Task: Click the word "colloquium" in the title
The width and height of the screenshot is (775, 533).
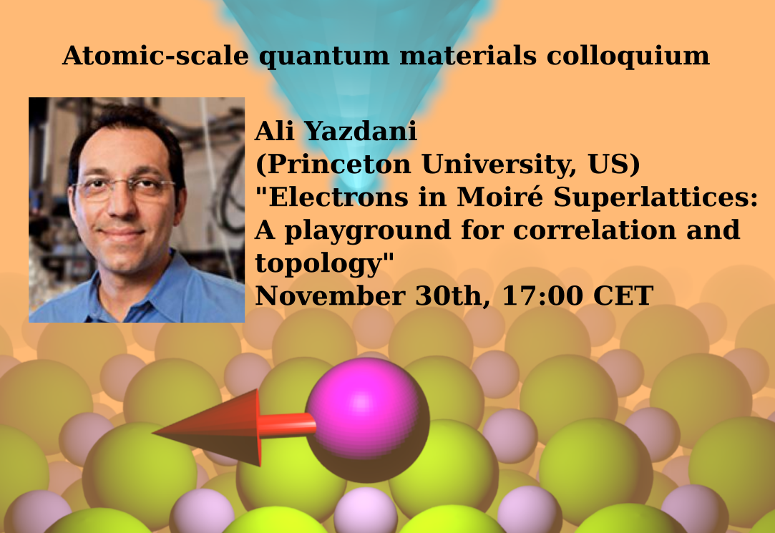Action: (x=628, y=56)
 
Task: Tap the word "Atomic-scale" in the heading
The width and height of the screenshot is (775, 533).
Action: (x=155, y=55)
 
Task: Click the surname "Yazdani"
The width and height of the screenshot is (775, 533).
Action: (x=361, y=131)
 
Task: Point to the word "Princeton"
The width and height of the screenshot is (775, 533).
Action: (x=340, y=164)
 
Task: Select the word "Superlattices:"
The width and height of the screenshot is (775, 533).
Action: (x=655, y=197)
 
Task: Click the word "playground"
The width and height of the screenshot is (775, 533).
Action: (x=367, y=231)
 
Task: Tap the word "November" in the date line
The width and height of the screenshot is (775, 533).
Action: (x=330, y=296)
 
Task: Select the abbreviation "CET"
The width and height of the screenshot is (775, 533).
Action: (x=623, y=296)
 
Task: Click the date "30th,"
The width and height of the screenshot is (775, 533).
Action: (x=453, y=296)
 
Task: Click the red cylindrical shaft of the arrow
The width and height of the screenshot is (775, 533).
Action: (x=287, y=425)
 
